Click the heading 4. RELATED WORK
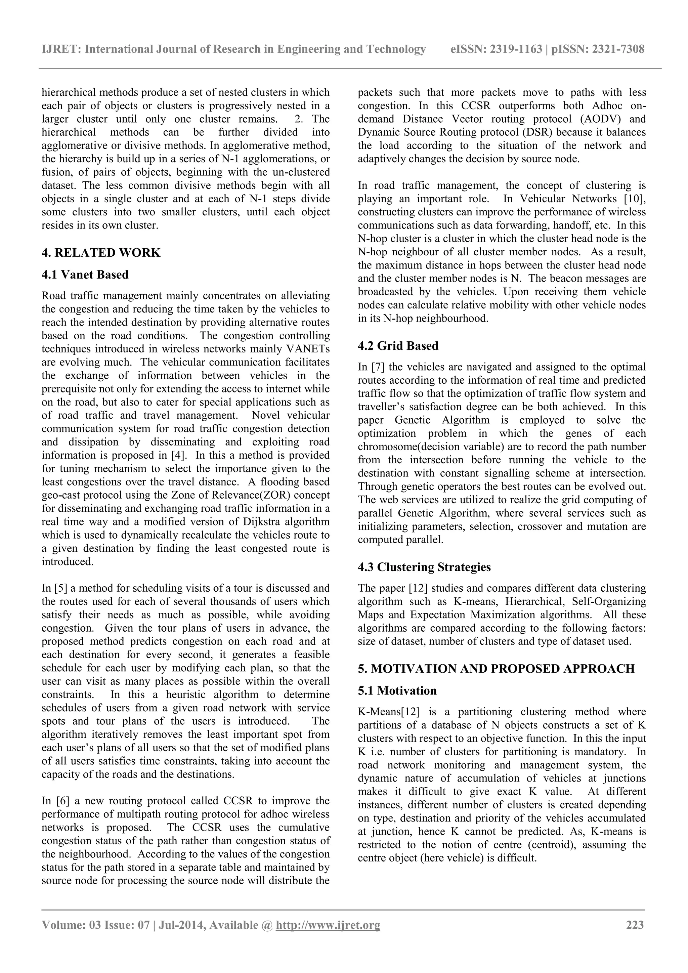click(x=101, y=253)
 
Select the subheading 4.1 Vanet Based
click(x=85, y=274)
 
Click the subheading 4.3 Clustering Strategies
click(x=424, y=567)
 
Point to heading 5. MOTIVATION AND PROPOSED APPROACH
click(x=496, y=669)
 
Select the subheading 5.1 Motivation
click(x=397, y=691)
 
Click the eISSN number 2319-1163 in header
click(x=516, y=49)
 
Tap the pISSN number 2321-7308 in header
click(x=618, y=49)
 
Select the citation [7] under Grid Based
click(x=377, y=367)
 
